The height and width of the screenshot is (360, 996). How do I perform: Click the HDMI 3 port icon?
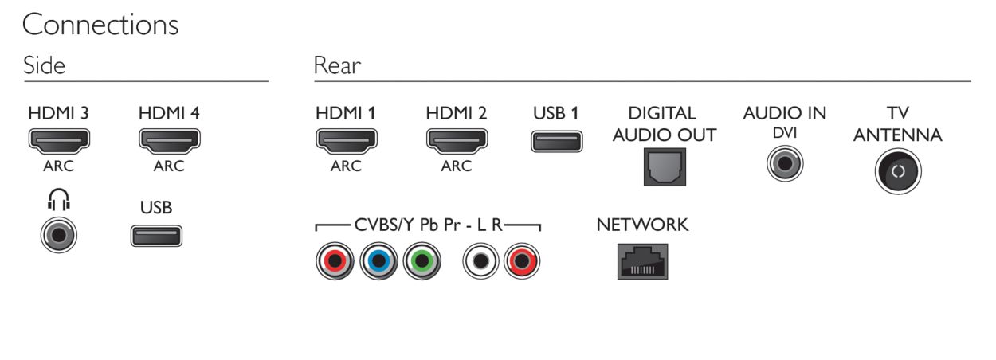59,141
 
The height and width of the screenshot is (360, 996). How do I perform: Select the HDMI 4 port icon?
170,141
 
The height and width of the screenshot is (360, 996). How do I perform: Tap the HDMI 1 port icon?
347,141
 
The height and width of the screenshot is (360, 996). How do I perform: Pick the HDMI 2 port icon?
457,141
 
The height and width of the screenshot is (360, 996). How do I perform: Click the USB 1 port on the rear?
557,141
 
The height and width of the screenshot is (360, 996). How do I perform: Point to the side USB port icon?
156,236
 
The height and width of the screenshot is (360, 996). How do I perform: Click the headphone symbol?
59,199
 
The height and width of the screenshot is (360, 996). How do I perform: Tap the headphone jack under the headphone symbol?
59,235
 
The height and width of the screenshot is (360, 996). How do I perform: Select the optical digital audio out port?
665,167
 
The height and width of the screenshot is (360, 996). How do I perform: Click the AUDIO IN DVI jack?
785,163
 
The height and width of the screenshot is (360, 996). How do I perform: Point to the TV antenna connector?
898,171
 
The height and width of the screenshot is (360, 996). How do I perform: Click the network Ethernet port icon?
642,261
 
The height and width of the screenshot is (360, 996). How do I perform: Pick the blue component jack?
378,261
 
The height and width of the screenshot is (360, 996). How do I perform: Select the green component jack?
422,261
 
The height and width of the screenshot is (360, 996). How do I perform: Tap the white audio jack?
480,261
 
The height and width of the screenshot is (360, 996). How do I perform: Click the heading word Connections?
100,25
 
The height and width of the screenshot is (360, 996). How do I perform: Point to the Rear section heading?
337,65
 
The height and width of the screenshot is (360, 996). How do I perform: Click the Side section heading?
44,65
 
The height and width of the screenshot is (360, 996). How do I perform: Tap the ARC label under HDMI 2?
457,166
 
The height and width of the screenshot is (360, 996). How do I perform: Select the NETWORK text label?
642,225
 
